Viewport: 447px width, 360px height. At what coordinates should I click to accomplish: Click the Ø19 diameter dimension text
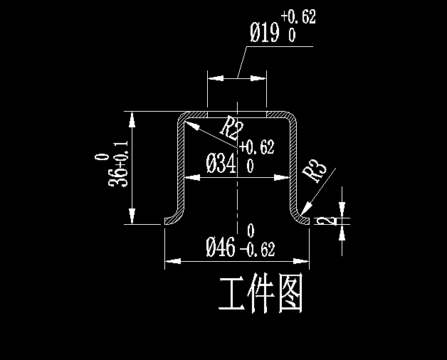[x=265, y=33]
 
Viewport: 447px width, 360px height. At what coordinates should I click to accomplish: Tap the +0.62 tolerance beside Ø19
[x=298, y=16]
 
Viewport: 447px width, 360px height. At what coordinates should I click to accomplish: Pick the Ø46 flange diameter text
[x=221, y=248]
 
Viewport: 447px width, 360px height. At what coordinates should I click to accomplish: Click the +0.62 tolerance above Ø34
[x=256, y=148]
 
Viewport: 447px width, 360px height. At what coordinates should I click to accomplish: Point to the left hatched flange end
[x=169, y=221]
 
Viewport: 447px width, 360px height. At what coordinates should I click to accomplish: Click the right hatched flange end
[x=305, y=221]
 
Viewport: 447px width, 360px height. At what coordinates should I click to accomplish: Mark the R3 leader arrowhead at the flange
[x=305, y=211]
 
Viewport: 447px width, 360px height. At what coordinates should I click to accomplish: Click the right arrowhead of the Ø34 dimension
[x=284, y=177]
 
